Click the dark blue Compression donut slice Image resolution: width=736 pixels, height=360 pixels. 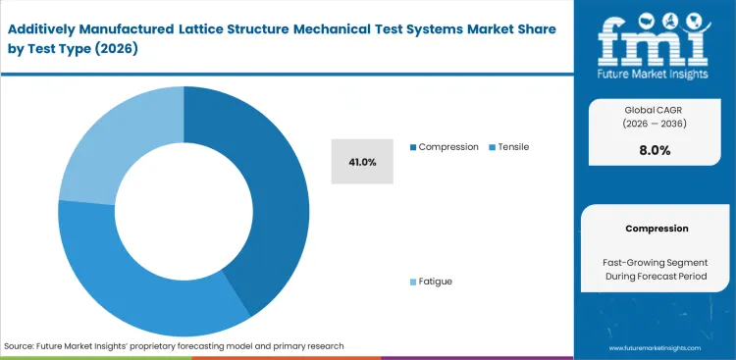pyautogui.click(x=270, y=196)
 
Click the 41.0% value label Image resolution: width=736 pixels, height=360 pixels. pyautogui.click(x=362, y=161)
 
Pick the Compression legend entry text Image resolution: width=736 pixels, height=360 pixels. pyautogui.click(x=448, y=147)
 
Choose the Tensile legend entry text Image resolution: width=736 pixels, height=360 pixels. pyautogui.click(x=513, y=147)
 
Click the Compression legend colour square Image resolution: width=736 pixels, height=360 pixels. pyautogui.click(x=413, y=147)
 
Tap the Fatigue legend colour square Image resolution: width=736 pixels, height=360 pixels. pyautogui.click(x=413, y=282)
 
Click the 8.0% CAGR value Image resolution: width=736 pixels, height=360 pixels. pyautogui.click(x=654, y=151)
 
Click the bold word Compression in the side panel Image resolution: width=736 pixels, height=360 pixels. pyautogui.click(x=657, y=229)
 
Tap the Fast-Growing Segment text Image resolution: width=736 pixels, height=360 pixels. pyautogui.click(x=657, y=262)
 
